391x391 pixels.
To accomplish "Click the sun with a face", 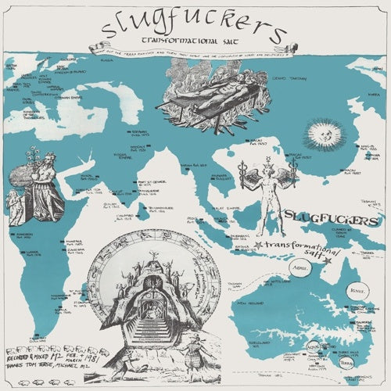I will pyautogui.click(x=323, y=136).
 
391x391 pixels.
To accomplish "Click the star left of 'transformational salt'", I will pyautogui.click(x=257, y=246).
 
